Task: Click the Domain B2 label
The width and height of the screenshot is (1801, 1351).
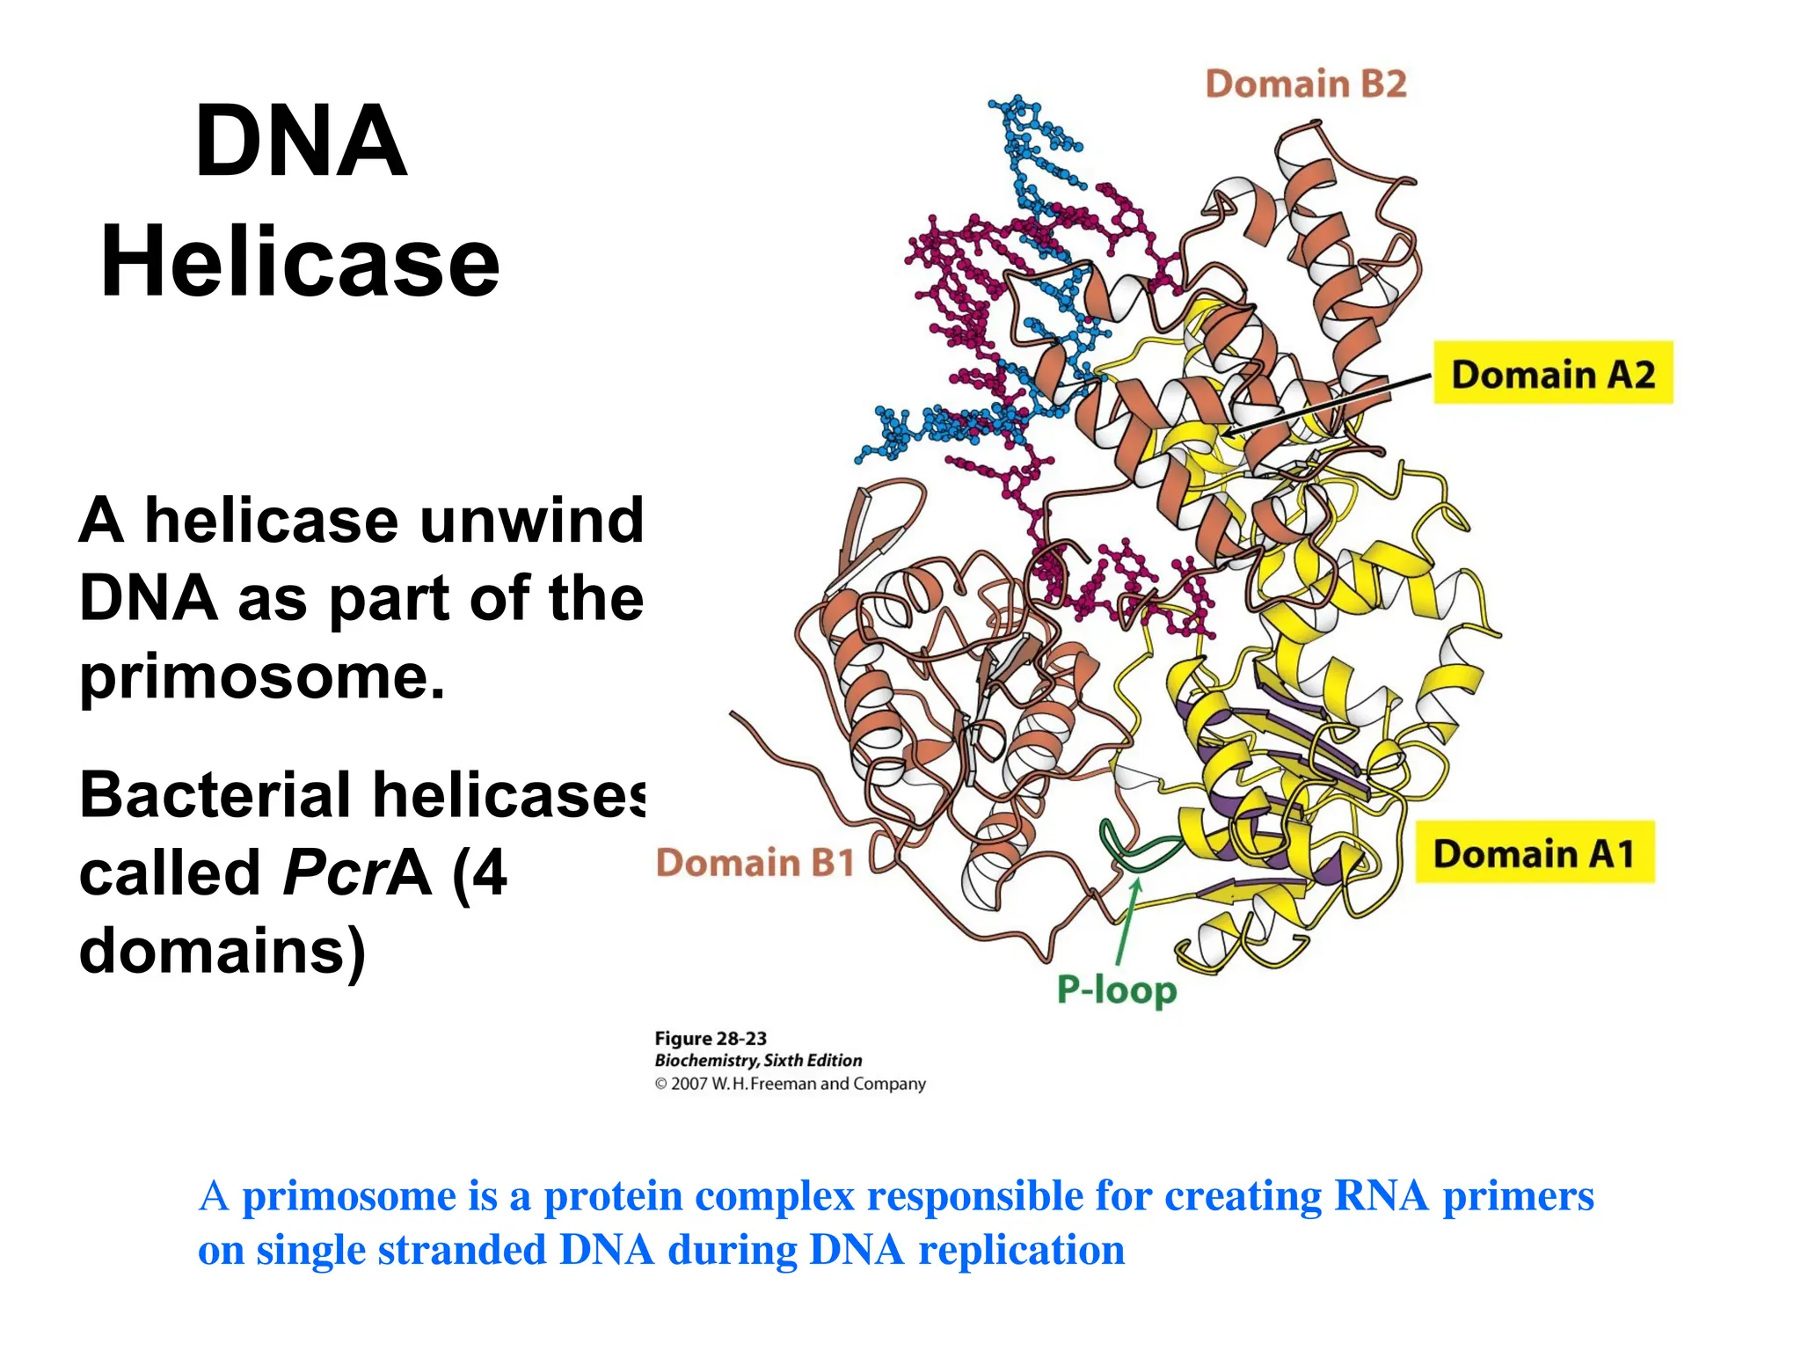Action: tap(1305, 84)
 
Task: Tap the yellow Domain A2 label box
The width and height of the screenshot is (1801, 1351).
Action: tap(1552, 374)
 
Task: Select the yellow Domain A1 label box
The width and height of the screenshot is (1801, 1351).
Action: tap(1534, 853)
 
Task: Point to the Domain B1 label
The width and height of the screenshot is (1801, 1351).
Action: tap(755, 863)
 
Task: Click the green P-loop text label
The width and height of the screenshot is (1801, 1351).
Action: tap(1116, 990)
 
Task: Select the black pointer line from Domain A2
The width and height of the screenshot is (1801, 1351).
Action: tap(1328, 405)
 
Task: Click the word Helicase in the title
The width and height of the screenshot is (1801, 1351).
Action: tap(300, 262)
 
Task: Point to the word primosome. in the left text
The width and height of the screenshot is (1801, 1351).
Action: tap(262, 677)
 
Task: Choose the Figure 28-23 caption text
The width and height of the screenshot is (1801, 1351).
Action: tap(711, 1039)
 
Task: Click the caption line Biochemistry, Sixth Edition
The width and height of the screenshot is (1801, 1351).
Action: tap(758, 1061)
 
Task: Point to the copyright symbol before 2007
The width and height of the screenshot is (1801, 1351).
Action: tap(661, 1084)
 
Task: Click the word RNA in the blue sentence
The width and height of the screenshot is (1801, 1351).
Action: tap(1380, 1196)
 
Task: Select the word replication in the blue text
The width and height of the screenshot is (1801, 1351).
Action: tap(1021, 1251)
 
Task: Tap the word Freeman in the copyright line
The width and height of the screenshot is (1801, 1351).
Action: tap(783, 1084)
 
